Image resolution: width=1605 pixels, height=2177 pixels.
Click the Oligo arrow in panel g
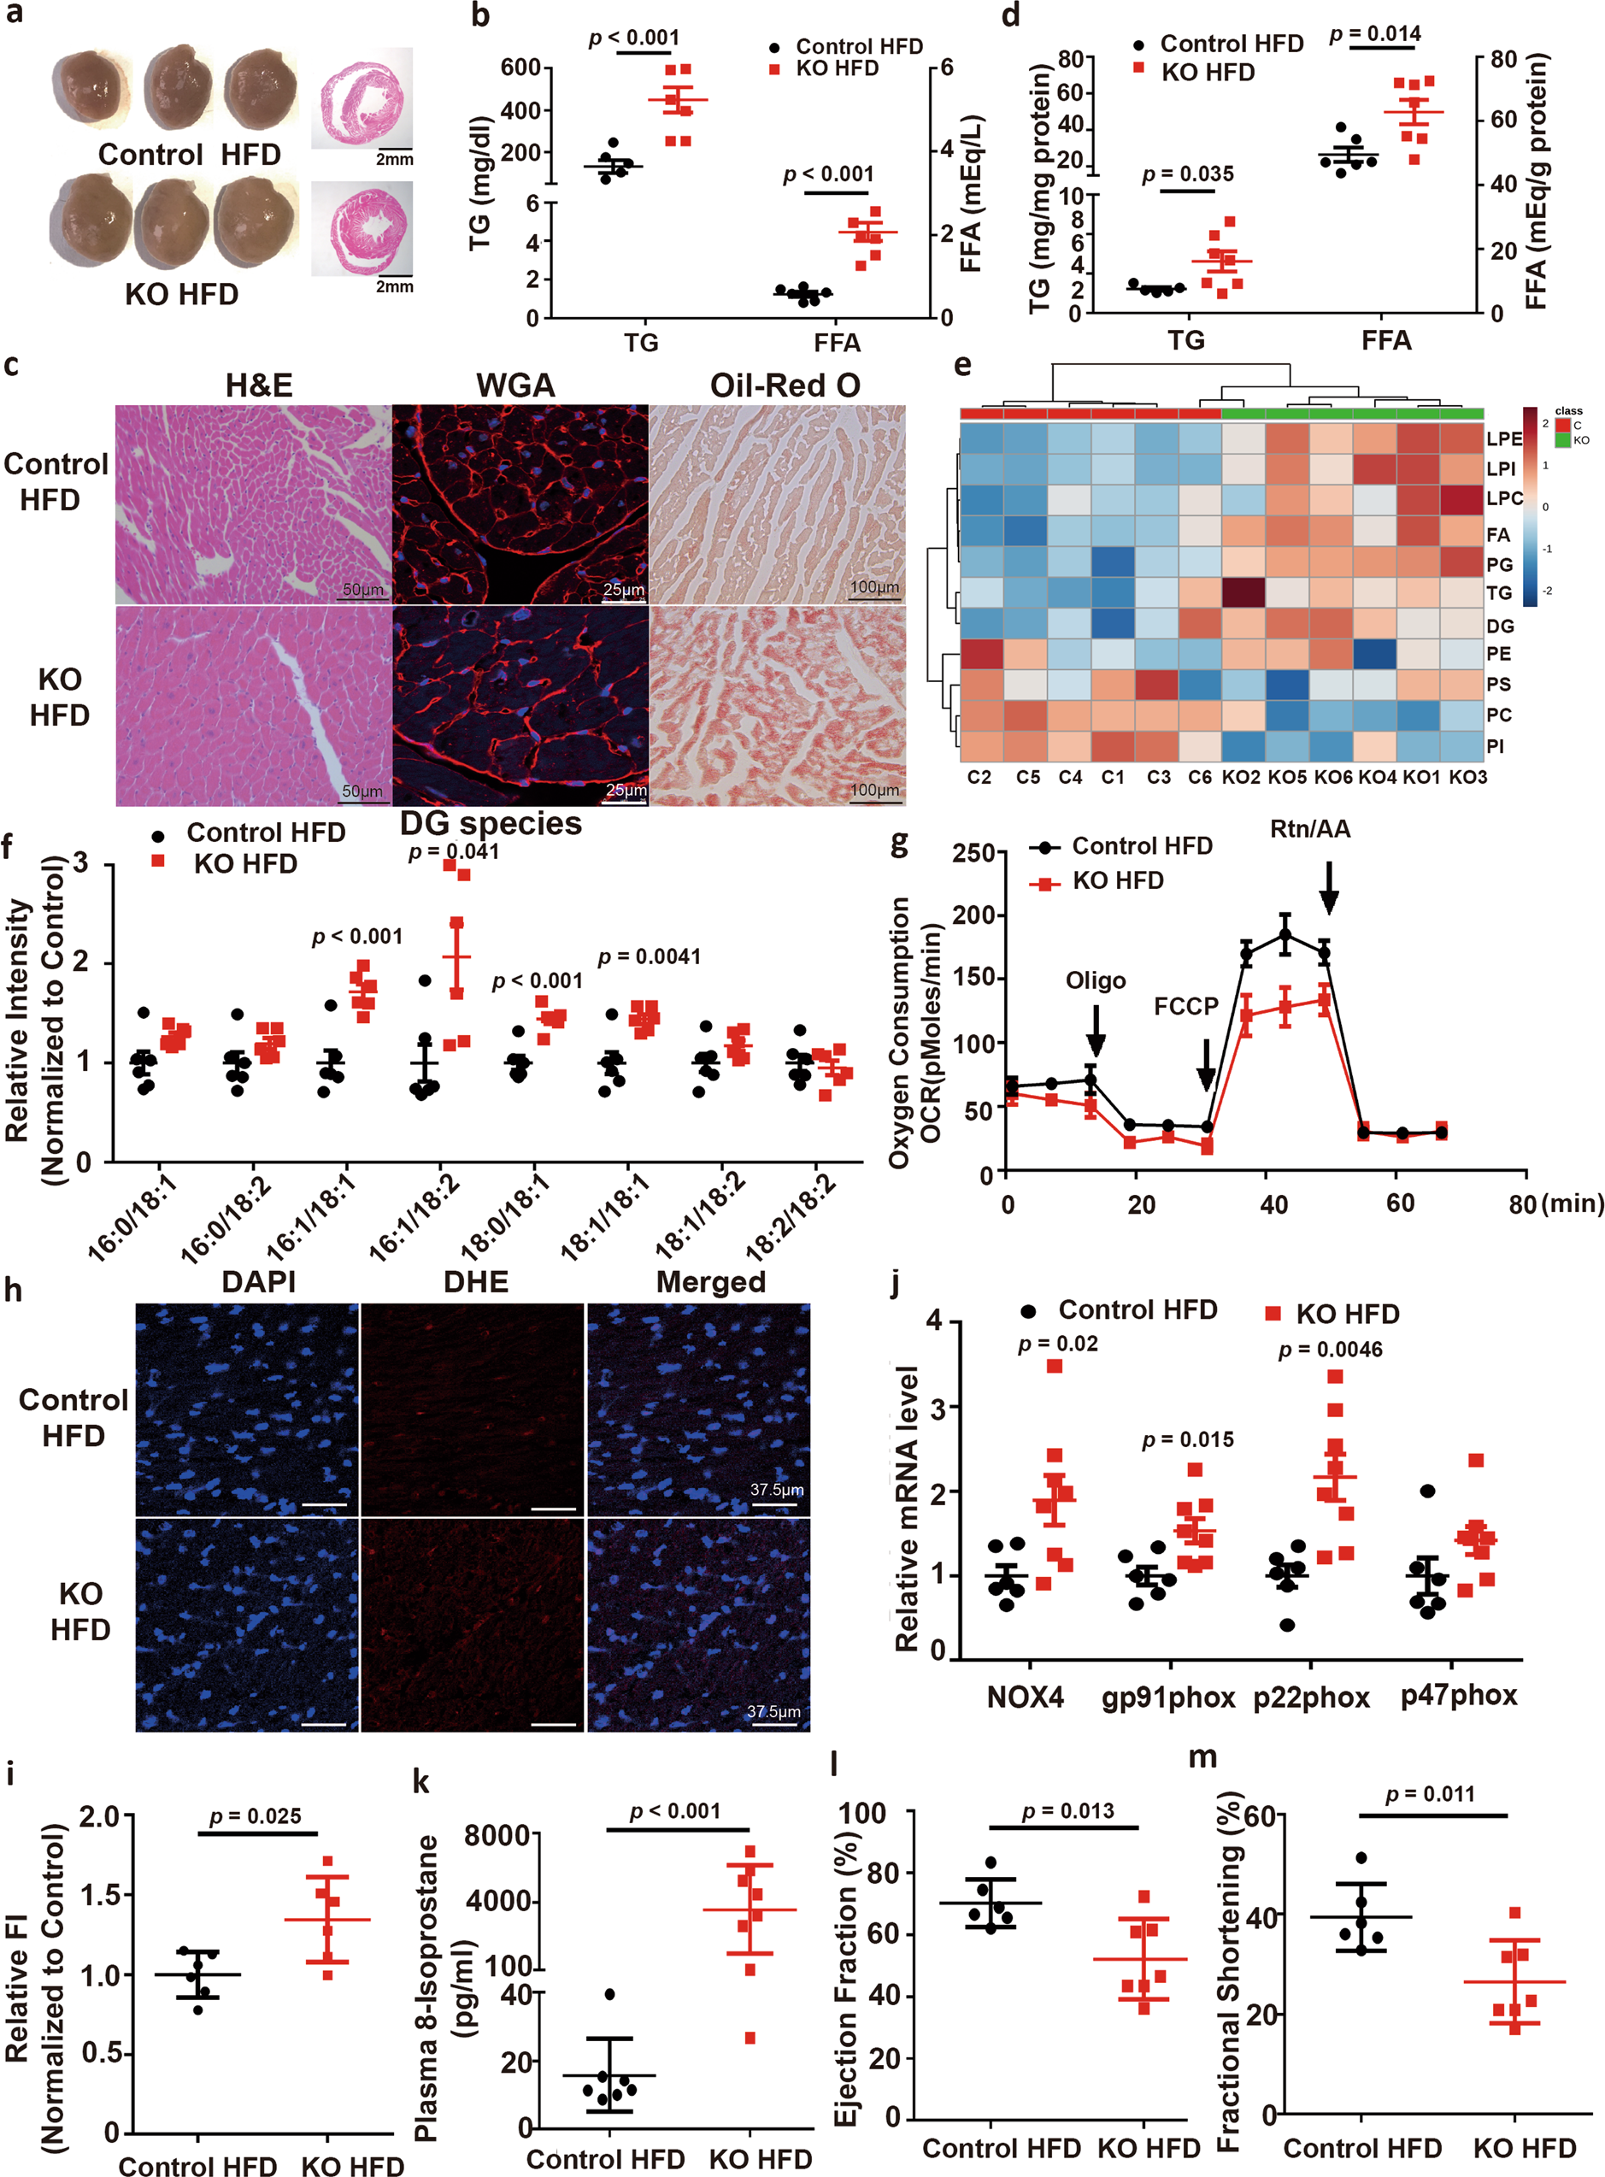pos(1095,1030)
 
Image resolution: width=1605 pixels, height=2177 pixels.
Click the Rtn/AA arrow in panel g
pos(1329,887)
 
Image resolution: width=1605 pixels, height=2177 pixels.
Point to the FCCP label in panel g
pos(1185,1005)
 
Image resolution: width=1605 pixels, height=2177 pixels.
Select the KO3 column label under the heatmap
pos(1467,777)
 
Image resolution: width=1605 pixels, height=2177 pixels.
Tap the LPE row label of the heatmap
pos(1504,438)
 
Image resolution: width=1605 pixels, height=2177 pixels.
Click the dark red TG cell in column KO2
pos(1243,591)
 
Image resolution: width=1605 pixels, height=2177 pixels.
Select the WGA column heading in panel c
pos(516,385)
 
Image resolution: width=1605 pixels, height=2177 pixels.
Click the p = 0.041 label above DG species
pos(454,852)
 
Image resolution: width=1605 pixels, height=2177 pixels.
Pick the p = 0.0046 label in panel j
pos(1330,1350)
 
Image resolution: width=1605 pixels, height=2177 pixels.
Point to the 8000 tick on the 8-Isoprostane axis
pos(497,1835)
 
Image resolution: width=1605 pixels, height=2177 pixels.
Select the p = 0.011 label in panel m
pos(1429,1794)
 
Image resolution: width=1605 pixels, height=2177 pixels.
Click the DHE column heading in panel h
pos(476,1282)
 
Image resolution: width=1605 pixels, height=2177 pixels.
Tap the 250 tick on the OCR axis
pos(973,853)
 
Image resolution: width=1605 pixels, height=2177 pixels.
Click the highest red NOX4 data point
pos(1055,1366)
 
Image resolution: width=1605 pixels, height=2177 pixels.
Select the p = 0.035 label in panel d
pos(1187,175)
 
